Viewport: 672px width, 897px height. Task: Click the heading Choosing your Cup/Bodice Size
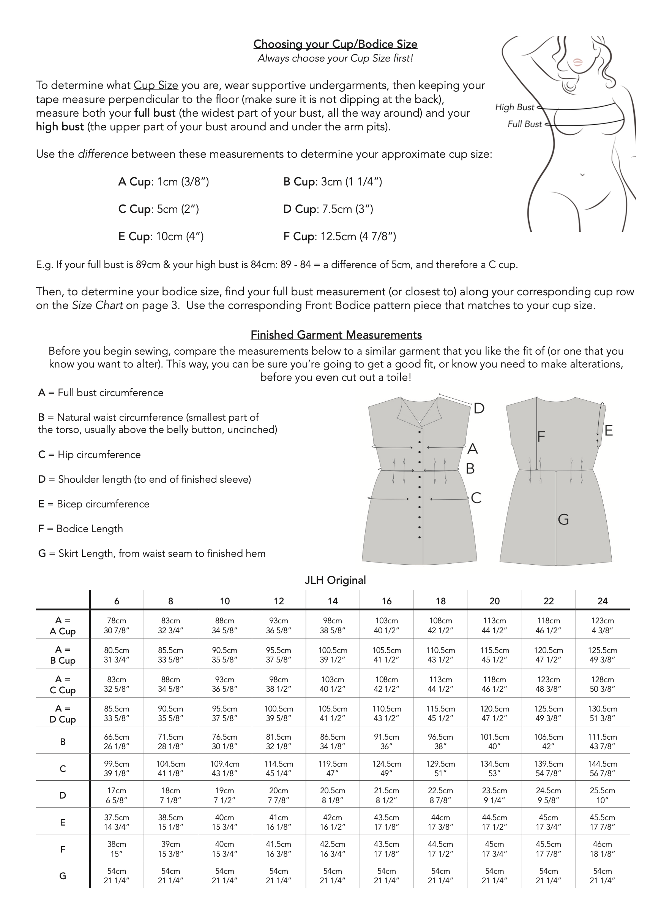tap(335, 44)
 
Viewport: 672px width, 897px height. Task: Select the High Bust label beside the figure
tap(514, 107)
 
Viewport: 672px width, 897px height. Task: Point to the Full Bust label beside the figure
tap(524, 124)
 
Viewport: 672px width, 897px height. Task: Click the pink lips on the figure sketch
tap(578, 62)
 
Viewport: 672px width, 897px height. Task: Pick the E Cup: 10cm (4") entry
tap(161, 236)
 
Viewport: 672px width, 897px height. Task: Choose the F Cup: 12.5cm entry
tap(339, 236)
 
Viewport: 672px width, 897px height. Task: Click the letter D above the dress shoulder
tap(479, 408)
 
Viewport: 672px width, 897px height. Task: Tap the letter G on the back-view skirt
tap(563, 520)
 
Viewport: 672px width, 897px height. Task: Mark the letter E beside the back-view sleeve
tap(608, 431)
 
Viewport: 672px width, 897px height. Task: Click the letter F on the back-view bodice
tap(541, 437)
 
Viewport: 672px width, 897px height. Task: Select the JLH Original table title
tap(335, 580)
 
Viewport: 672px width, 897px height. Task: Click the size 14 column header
tap(333, 601)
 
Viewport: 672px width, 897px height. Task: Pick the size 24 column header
tap(602, 601)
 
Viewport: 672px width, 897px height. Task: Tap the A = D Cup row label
tap(63, 714)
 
